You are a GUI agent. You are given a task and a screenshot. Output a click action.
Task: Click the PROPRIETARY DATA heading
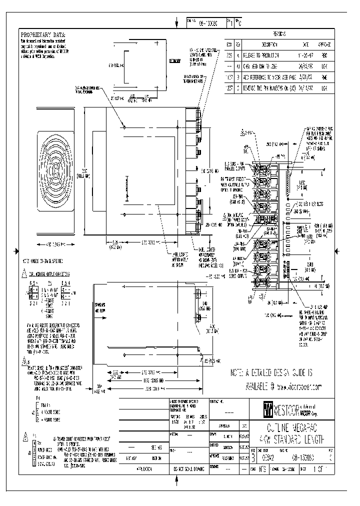43,34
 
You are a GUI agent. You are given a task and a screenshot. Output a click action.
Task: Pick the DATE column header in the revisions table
304,44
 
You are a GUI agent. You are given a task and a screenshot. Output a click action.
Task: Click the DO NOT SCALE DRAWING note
188,470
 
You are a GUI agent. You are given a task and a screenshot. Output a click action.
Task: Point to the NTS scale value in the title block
260,470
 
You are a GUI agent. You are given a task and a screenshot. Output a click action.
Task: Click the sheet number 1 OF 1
320,470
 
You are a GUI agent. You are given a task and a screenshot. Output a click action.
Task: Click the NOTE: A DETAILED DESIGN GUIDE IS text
270,373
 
